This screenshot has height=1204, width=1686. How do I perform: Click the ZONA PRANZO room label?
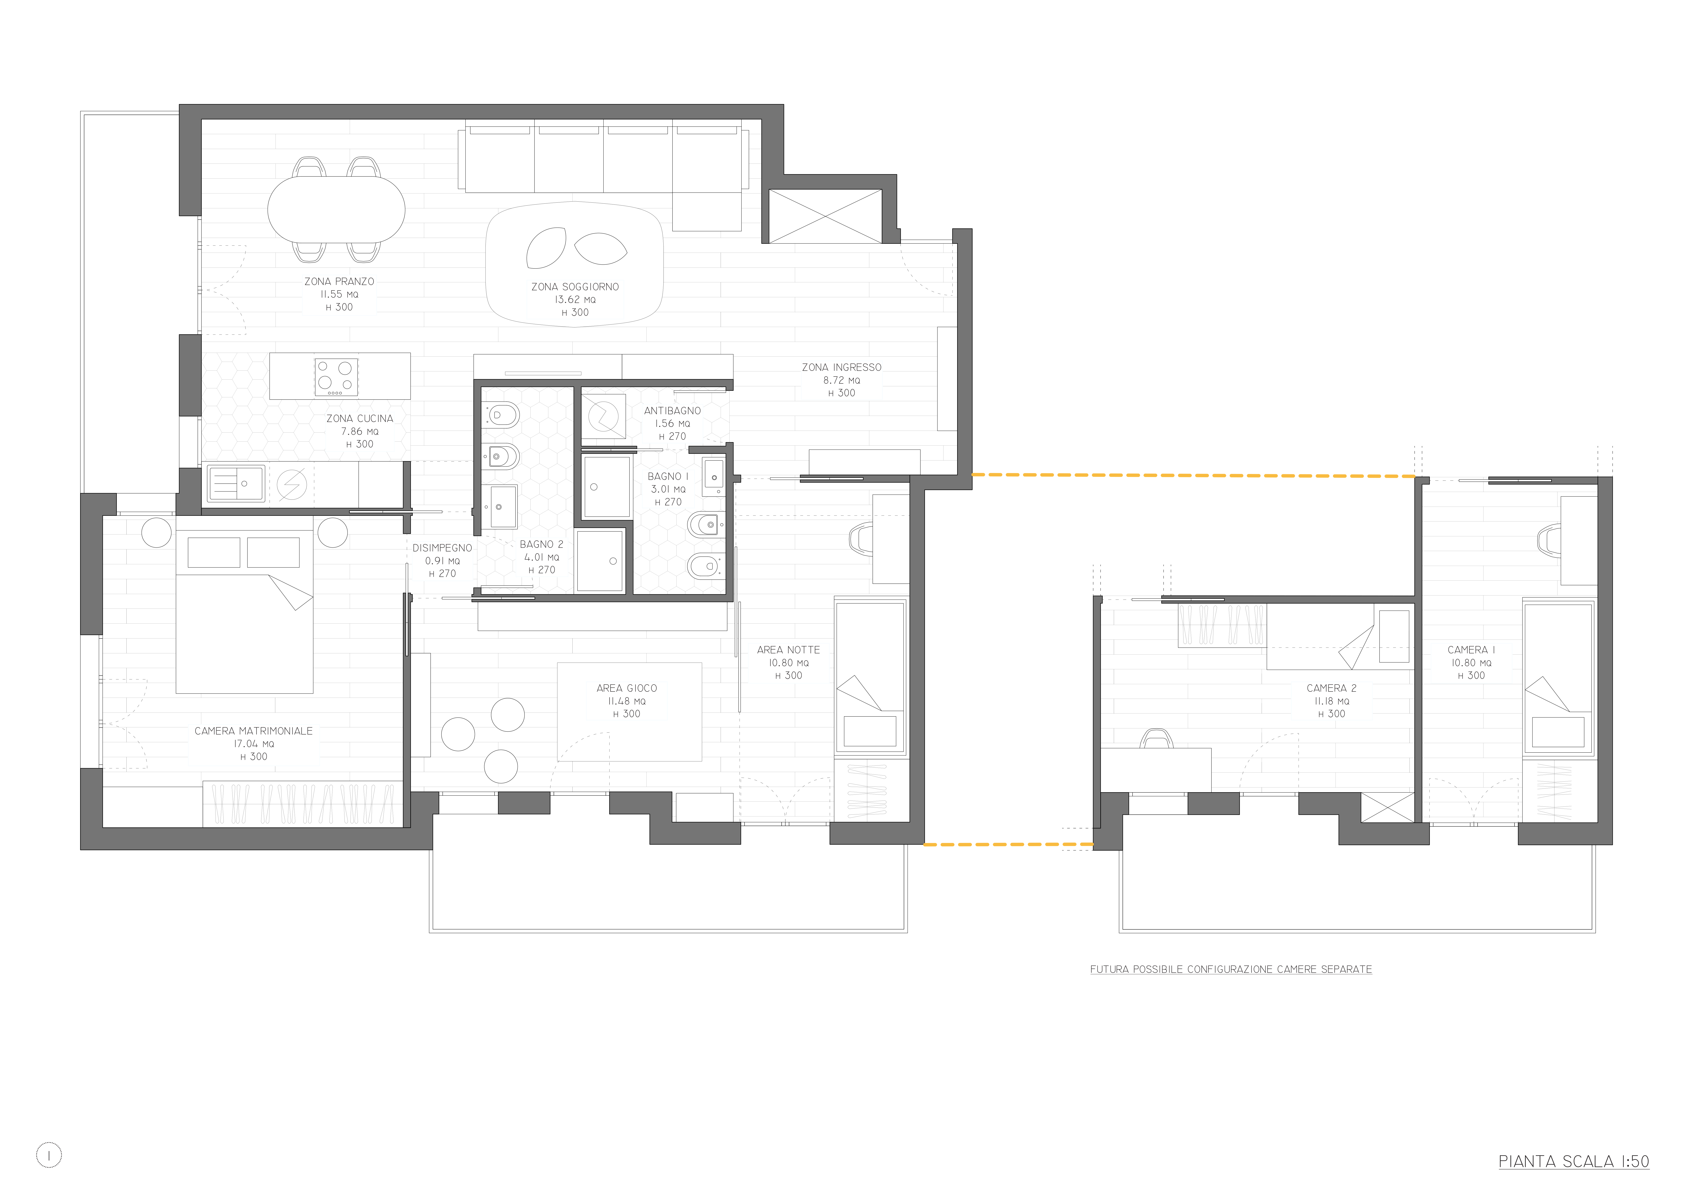coord(339,282)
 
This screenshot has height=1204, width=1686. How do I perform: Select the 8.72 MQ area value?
coord(842,380)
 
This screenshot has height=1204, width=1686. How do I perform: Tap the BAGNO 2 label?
coord(541,544)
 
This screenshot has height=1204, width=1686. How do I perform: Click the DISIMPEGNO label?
coord(442,548)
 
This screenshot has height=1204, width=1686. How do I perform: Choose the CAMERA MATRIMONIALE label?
coord(253,731)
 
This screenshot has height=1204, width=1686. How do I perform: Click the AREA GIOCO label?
coord(626,688)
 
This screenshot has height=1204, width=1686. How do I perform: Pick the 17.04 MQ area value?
coord(253,744)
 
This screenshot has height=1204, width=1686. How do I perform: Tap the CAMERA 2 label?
coord(1332,688)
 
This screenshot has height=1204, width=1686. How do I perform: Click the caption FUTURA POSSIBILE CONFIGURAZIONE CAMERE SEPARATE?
coord(1231,969)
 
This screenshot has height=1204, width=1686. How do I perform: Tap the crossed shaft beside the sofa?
coord(825,216)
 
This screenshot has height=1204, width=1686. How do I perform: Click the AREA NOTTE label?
coord(788,649)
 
